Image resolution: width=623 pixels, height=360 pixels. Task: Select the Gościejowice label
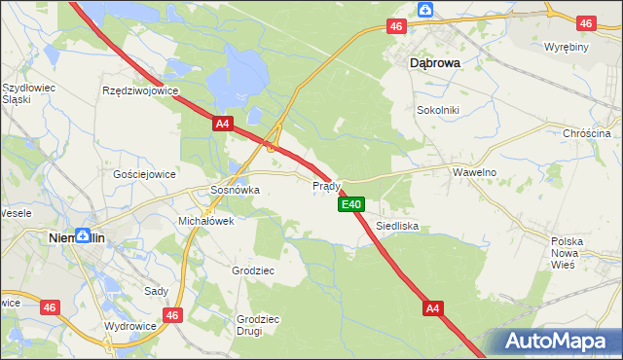coord(144,174)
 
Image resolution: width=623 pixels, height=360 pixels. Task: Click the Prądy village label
coord(326,186)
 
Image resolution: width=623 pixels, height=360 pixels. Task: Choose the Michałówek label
coord(205,222)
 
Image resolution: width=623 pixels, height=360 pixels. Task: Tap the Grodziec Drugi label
coord(258,325)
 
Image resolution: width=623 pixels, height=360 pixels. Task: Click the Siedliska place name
coord(397,226)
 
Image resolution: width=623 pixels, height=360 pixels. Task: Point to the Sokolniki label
coord(437,110)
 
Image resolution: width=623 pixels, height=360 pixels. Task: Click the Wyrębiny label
coord(564,48)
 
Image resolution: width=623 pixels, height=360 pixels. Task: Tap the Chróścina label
coord(592,133)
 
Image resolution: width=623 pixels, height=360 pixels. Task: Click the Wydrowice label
coord(131,326)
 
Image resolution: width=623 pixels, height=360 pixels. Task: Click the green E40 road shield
coord(351,204)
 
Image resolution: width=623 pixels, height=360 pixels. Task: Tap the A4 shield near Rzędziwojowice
coord(223,124)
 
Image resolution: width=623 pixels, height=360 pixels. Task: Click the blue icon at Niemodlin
coord(85,234)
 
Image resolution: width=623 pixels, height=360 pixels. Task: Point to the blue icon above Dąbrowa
coord(425,10)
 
